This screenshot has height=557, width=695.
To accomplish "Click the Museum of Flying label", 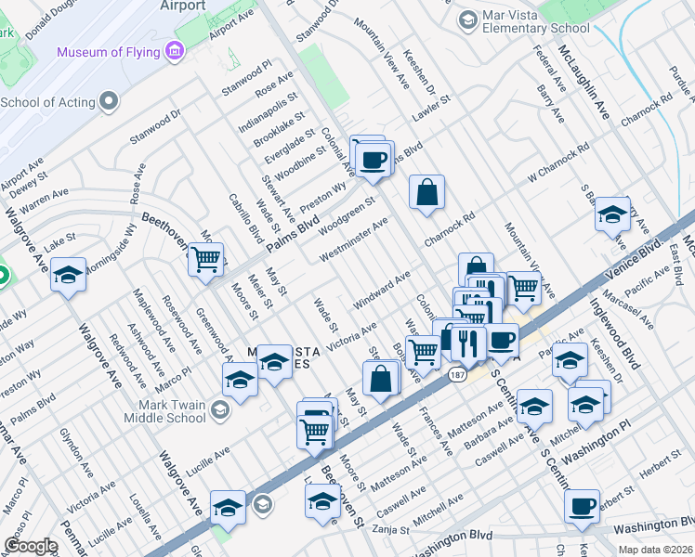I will click(x=108, y=52).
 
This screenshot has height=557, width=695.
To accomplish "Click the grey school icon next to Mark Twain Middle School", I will click(x=220, y=409).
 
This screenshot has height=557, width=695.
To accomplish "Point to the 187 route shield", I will click(x=455, y=375).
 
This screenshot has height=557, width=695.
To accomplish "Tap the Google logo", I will click(x=32, y=546).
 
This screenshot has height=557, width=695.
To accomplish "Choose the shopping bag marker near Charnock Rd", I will click(x=426, y=193).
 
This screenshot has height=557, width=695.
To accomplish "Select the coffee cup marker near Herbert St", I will click(x=582, y=506).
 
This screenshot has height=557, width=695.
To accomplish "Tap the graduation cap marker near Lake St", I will click(x=68, y=275).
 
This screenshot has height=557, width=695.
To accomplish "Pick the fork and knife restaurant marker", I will click(x=467, y=343).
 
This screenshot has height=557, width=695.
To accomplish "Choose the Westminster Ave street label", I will click(x=353, y=240).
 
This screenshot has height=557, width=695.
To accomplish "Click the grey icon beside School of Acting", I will click(x=110, y=100).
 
